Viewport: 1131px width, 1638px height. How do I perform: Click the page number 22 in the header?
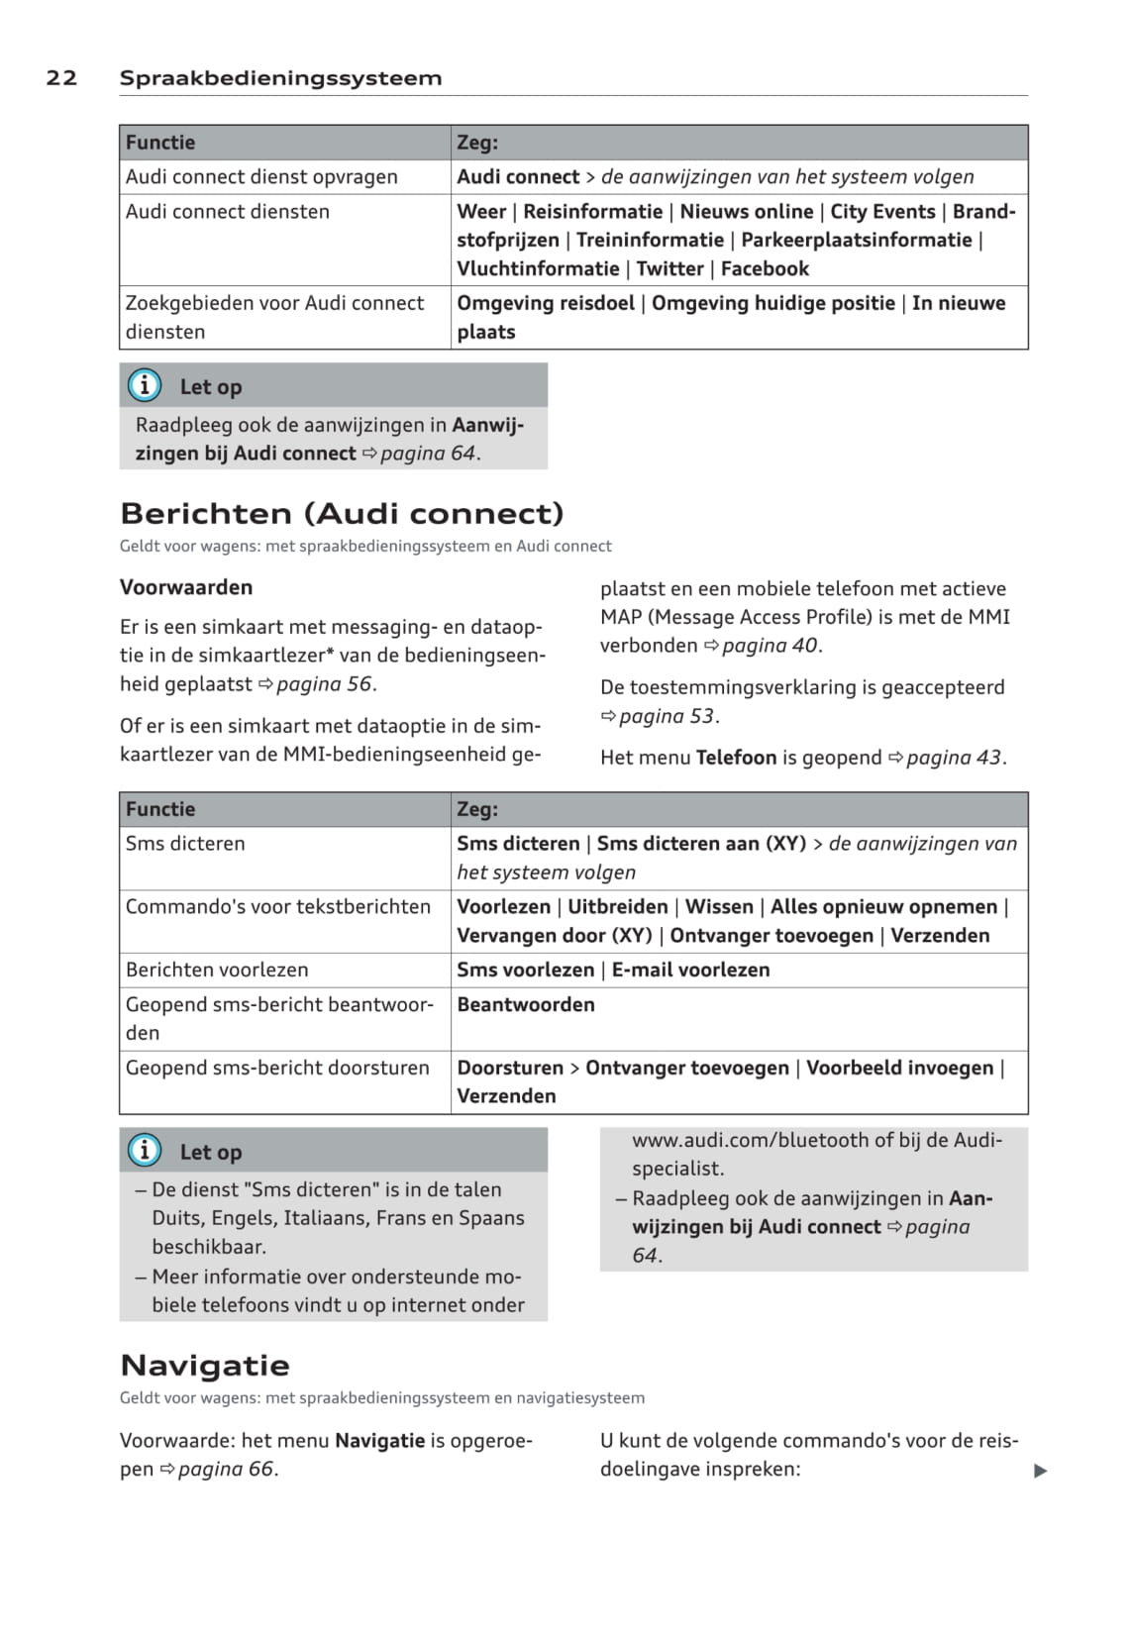pos(61,78)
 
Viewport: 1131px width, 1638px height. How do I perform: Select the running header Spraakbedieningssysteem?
pos(280,78)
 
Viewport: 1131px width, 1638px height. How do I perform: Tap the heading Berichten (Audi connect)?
pos(342,513)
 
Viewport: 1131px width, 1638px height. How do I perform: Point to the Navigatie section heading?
pos(205,1365)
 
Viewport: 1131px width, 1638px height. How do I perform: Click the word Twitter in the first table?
pos(669,268)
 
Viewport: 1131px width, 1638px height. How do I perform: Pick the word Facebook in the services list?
pos(765,268)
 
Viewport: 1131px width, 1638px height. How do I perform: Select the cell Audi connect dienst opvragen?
pos(261,177)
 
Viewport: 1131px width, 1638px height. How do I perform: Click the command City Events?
pos(882,212)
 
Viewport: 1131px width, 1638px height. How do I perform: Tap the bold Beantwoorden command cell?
pos(526,1004)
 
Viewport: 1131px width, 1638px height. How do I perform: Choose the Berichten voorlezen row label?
pos(217,970)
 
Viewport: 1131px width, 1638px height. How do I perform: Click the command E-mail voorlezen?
pos(690,970)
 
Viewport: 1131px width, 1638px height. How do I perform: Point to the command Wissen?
pos(719,906)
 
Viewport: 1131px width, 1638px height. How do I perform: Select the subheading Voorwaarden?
pos(186,587)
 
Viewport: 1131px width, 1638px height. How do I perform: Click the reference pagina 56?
pos(324,683)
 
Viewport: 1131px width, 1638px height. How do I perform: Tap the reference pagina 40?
pos(770,646)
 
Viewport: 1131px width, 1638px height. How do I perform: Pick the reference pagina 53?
pos(667,716)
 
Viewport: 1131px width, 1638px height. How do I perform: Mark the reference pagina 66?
pos(226,1469)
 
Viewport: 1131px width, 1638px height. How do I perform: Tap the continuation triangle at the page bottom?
pos(1040,1471)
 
